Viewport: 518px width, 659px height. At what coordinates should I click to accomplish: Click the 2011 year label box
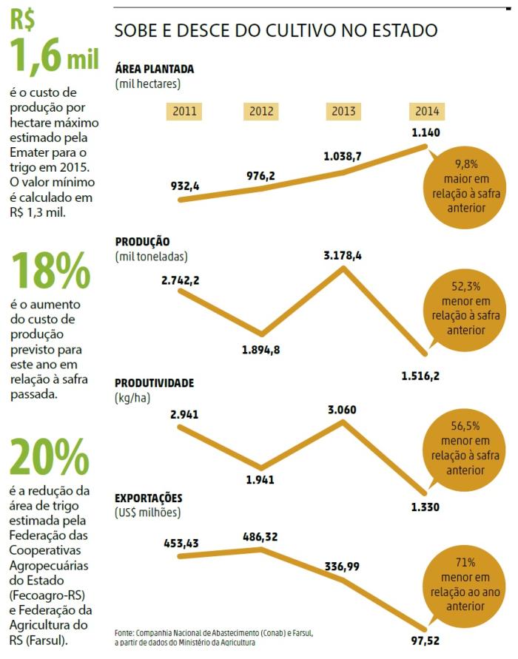point(184,112)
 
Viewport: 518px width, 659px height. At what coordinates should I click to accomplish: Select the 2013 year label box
point(343,112)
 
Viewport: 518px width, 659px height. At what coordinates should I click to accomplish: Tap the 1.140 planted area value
point(426,133)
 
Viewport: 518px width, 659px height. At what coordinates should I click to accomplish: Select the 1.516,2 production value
point(420,376)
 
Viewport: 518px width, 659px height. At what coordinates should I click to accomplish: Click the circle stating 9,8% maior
point(466,186)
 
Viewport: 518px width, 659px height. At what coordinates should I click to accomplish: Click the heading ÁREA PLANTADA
point(155,69)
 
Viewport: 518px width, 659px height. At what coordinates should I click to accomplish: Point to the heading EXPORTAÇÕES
point(149,498)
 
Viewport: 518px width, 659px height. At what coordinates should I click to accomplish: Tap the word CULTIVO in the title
point(281,31)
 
